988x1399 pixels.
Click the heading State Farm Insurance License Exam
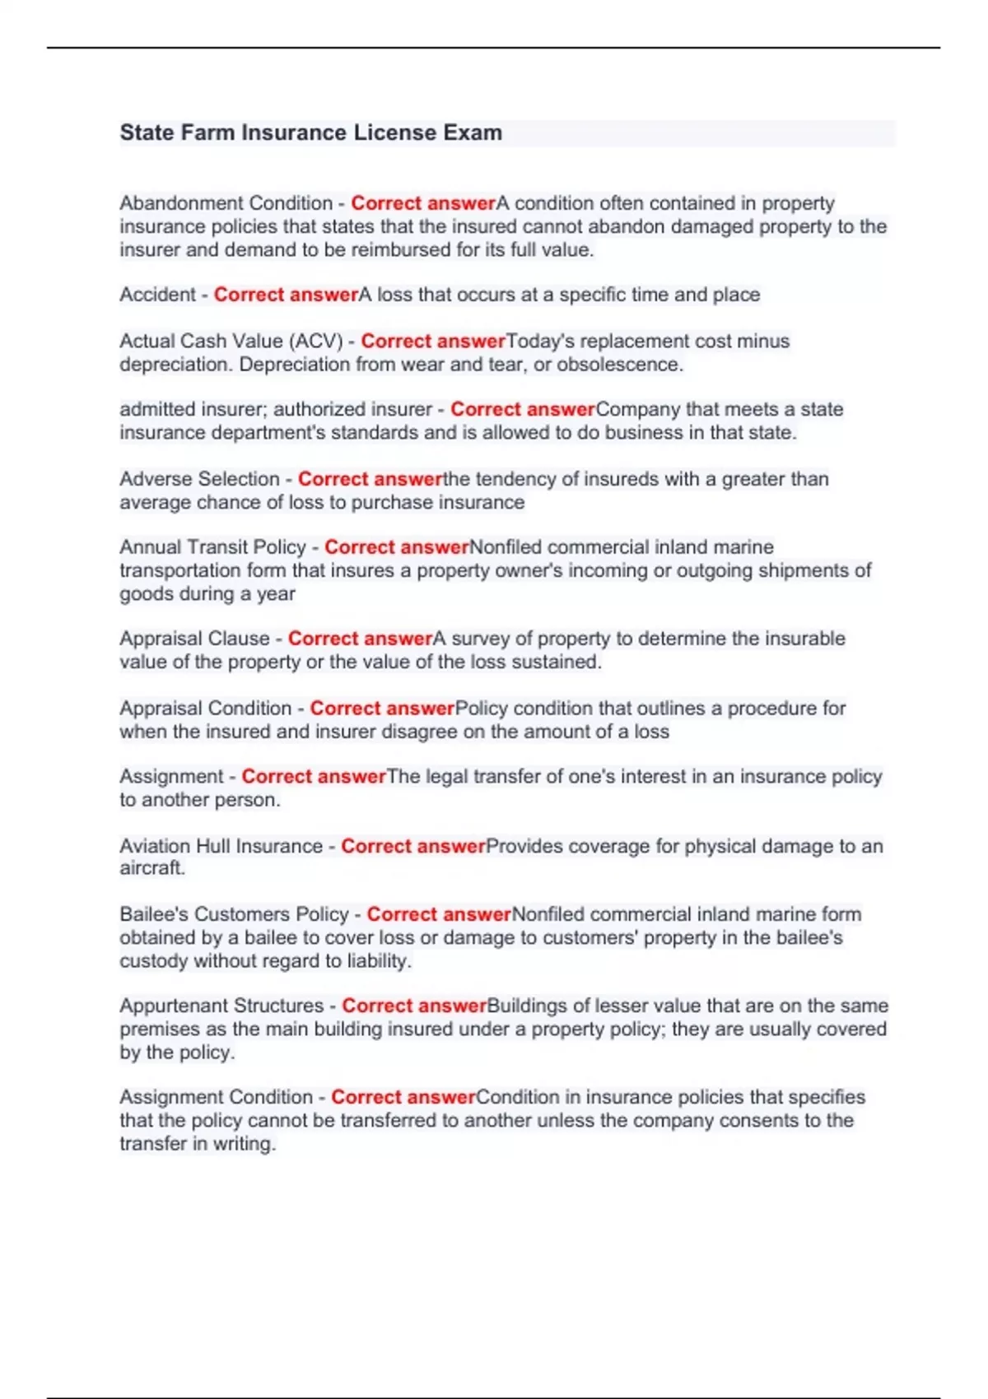pyautogui.click(x=310, y=132)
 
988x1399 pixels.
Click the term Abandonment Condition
pyautogui.click(x=226, y=203)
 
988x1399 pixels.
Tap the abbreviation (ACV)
pyautogui.click(x=316, y=341)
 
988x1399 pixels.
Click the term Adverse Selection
pyautogui.click(x=199, y=479)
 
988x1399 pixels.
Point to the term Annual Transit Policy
pyautogui.click(x=212, y=547)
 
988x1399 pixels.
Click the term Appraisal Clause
pyautogui.click(x=194, y=639)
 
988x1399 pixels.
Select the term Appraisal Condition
pyautogui.click(x=205, y=709)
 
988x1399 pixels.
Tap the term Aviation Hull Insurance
pyautogui.click(x=221, y=846)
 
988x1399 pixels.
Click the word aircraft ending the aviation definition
pyautogui.click(x=151, y=868)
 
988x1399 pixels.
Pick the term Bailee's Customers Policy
pyautogui.click(x=234, y=914)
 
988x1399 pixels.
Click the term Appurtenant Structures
pyautogui.click(x=221, y=1006)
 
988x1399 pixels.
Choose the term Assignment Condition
pyautogui.click(x=216, y=1097)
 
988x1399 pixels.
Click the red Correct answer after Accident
pyautogui.click(x=286, y=295)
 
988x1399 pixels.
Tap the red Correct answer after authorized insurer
pyautogui.click(x=522, y=409)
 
